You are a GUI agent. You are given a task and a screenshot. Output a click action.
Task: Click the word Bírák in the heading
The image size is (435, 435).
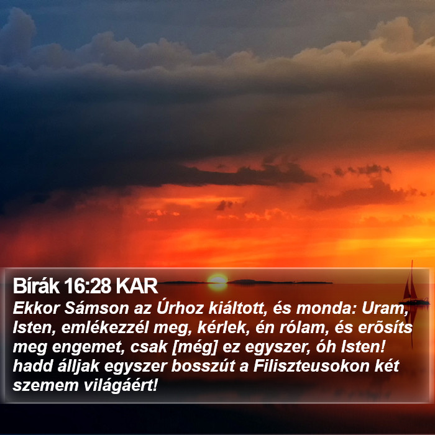click(x=36, y=286)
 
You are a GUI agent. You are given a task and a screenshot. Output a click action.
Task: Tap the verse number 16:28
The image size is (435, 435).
click(x=88, y=286)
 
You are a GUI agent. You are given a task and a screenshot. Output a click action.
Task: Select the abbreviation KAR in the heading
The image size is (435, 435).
click(x=137, y=286)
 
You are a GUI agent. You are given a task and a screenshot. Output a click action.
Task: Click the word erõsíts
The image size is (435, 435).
click(x=385, y=327)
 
